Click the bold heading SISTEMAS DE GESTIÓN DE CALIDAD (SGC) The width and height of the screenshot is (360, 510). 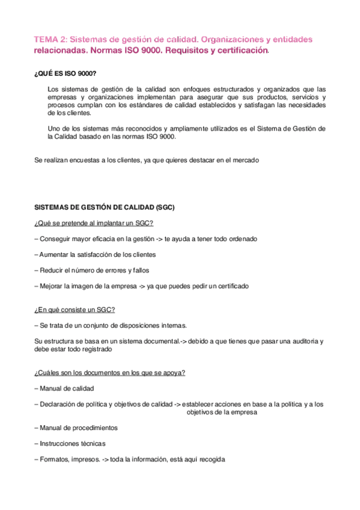105,207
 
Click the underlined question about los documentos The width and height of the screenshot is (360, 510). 110,372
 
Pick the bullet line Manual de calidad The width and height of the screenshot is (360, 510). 64,388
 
